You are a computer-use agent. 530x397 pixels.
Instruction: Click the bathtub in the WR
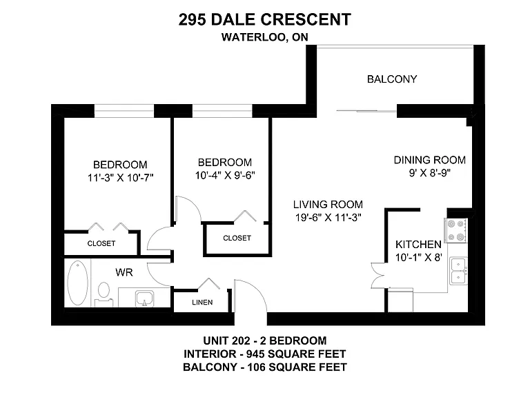pos(78,283)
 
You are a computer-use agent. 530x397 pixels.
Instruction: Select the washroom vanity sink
pos(145,298)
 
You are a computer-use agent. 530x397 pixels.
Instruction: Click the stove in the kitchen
pos(455,231)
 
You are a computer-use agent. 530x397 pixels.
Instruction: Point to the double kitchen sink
pos(459,271)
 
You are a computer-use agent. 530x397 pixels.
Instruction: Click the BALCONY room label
pos(392,79)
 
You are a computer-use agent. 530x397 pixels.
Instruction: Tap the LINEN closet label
pos(202,302)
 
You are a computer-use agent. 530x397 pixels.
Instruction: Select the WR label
pos(124,272)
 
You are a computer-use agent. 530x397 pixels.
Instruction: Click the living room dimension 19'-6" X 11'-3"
pos(328,218)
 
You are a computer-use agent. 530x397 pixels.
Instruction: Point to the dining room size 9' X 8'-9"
pos(430,173)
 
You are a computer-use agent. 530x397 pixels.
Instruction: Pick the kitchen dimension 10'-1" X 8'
pos(419,258)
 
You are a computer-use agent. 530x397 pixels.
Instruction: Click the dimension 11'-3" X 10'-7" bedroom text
pos(120,178)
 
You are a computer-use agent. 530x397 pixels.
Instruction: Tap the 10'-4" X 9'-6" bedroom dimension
pos(225,175)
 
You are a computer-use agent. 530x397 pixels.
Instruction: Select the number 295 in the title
pos(192,19)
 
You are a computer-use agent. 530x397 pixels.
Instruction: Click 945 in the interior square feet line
pos(255,354)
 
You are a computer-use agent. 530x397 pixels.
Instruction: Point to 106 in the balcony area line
pos(257,367)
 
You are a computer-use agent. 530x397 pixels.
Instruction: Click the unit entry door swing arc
pos(256,289)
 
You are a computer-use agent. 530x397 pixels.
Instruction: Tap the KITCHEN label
pos(418,245)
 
